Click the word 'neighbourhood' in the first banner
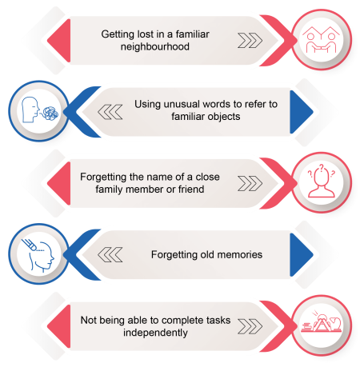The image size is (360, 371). point(155,47)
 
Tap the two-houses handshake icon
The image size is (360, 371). point(321,39)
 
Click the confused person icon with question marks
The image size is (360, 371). point(322,181)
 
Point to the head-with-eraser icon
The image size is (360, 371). point(38,255)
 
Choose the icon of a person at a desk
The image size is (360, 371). point(322,321)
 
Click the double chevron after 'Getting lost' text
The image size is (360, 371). point(250,41)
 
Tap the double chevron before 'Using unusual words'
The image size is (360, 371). point(110,112)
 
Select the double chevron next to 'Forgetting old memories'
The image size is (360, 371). point(110,255)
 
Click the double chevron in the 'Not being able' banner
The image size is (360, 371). point(250,326)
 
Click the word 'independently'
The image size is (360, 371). point(155,333)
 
